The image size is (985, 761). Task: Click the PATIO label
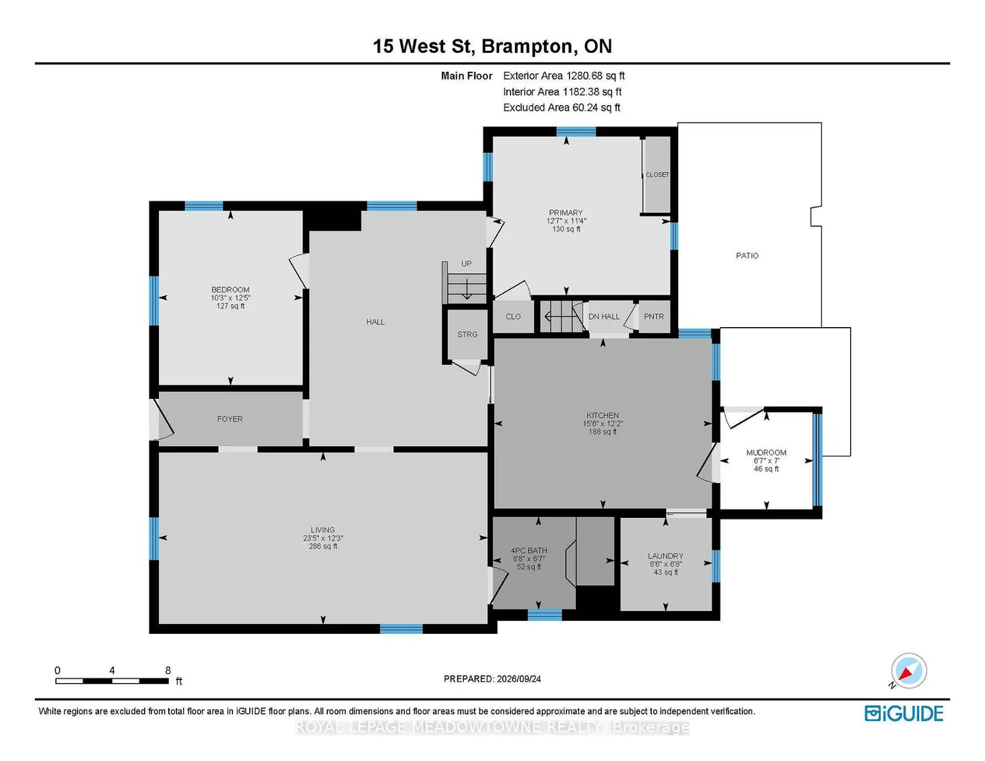(746, 255)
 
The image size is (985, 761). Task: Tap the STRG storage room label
(467, 334)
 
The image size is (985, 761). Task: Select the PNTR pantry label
(654, 317)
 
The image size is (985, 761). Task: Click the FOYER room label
(230, 419)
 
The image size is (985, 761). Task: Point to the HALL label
(375, 322)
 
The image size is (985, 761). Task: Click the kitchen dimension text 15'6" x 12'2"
(602, 423)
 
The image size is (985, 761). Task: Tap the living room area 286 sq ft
(323, 546)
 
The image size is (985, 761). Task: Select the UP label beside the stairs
(467, 264)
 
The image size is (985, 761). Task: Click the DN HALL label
(604, 317)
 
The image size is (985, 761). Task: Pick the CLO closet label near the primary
(513, 317)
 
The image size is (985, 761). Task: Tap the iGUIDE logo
(904, 713)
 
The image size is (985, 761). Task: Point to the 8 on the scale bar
(167, 670)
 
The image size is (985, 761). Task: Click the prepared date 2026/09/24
(518, 678)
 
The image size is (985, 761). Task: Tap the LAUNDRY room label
(665, 556)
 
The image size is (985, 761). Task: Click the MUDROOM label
(766, 453)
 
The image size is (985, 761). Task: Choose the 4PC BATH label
(529, 550)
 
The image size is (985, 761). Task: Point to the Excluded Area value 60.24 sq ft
(596, 108)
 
